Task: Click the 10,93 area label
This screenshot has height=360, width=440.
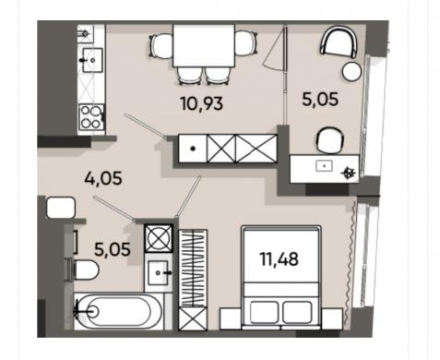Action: click(x=202, y=103)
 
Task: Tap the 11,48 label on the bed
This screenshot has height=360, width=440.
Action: click(x=279, y=258)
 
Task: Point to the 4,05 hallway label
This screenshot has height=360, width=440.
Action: click(x=103, y=178)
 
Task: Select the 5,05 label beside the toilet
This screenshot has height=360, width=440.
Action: click(x=113, y=249)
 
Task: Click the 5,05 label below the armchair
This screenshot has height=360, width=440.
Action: click(x=320, y=100)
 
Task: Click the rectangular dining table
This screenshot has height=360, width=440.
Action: click(x=204, y=45)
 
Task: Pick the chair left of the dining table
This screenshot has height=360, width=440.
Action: click(x=161, y=45)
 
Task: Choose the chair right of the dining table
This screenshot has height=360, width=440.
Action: click(x=246, y=42)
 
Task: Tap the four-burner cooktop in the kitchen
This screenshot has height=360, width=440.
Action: click(x=91, y=117)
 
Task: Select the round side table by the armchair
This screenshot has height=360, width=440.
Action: click(x=351, y=71)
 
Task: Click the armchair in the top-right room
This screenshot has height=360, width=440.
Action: click(x=339, y=42)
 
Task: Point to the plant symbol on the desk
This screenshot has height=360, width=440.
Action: click(x=349, y=173)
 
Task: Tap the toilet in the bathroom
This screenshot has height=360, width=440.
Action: click(x=83, y=270)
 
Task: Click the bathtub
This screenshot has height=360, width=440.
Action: click(x=118, y=311)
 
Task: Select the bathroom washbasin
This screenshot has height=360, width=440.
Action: click(x=158, y=272)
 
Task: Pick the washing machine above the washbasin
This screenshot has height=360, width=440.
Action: click(x=159, y=238)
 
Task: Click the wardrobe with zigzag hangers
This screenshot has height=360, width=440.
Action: click(x=193, y=269)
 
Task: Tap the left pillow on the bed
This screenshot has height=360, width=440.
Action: click(x=264, y=312)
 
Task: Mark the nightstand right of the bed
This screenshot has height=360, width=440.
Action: click(x=332, y=318)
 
